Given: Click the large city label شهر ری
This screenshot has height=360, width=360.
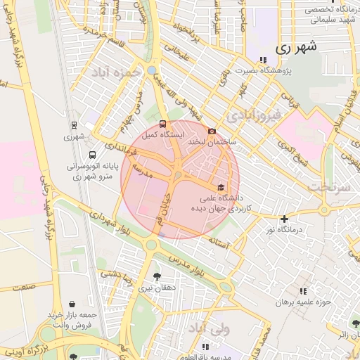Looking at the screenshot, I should click(x=297, y=47).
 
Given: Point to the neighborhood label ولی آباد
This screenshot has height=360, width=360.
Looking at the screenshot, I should click(x=230, y=328).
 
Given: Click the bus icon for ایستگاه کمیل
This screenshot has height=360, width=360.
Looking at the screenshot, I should click(x=164, y=123).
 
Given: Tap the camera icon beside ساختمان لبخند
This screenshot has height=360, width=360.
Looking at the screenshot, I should click(x=212, y=131).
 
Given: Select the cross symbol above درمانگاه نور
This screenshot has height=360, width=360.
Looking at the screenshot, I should click(x=283, y=219).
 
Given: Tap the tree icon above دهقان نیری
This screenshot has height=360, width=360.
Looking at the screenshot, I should click(x=157, y=276).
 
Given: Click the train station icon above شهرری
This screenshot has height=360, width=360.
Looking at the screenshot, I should click(x=74, y=125).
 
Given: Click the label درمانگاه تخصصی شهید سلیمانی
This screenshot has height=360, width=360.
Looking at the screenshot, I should click(x=329, y=15).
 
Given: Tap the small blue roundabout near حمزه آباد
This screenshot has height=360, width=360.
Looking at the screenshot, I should click(x=152, y=70).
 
